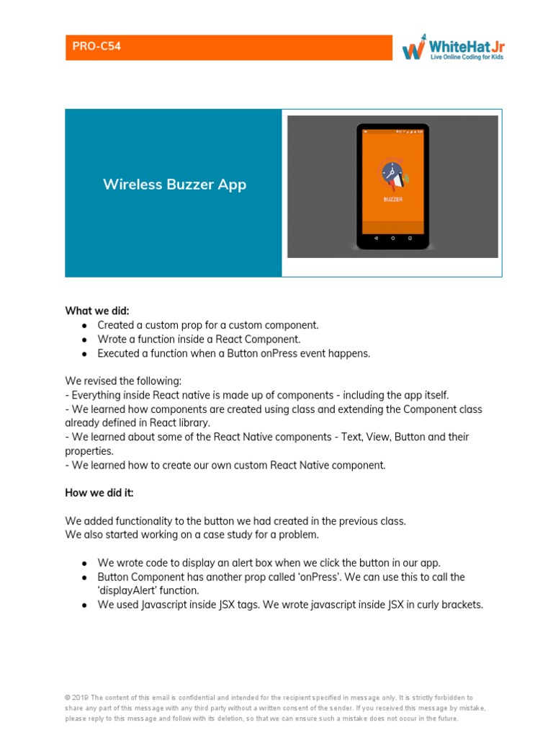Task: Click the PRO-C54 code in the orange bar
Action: (x=96, y=47)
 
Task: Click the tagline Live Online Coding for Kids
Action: (x=467, y=56)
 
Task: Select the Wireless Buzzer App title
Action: (x=174, y=184)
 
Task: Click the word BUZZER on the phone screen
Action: (x=392, y=199)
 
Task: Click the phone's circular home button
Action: (x=392, y=238)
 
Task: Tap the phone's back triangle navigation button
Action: (x=375, y=238)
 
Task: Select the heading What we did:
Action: (x=96, y=311)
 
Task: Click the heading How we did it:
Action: (x=99, y=493)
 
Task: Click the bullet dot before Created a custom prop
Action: (x=84, y=326)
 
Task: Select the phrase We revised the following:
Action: (x=123, y=381)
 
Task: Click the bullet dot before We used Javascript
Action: (x=84, y=605)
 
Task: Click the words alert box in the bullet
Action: (x=228, y=563)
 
